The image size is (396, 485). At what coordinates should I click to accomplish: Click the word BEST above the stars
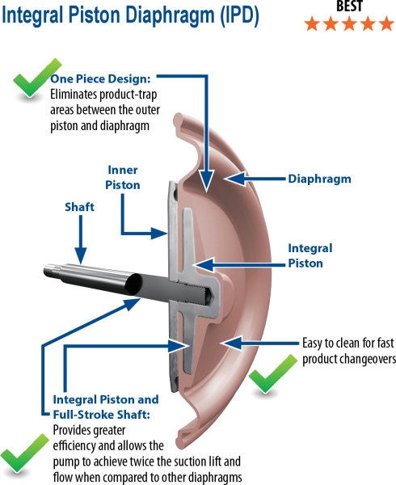(x=349, y=6)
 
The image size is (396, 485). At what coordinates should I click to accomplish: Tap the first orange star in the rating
(x=312, y=24)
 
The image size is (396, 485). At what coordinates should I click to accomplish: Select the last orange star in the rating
(x=386, y=24)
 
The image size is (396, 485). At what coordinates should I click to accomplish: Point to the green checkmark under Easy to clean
(x=272, y=373)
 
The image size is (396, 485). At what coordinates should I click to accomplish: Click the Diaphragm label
(x=319, y=179)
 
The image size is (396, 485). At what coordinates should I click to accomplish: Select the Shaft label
(x=79, y=207)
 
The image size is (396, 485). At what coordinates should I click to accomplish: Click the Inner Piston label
(x=123, y=177)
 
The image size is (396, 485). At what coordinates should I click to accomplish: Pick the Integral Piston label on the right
(x=310, y=255)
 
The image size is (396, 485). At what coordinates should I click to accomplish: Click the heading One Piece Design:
(x=100, y=79)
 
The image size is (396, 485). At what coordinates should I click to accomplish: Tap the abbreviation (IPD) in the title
(x=239, y=15)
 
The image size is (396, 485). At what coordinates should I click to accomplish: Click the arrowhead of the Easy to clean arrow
(x=231, y=343)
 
